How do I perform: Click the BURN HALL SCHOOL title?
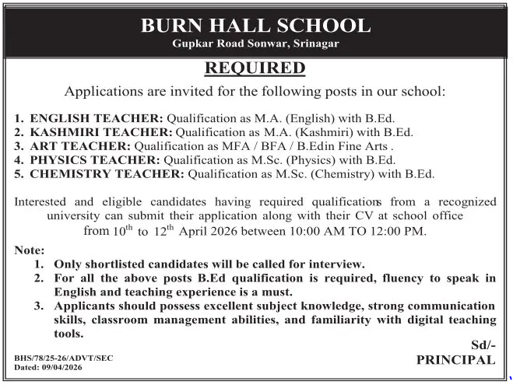tap(256, 25)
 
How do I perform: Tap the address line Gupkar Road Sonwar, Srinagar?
tap(256, 44)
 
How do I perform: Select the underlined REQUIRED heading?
tap(255, 68)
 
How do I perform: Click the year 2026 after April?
tap(232, 231)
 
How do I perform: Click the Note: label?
tap(30, 250)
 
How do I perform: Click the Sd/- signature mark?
tap(482, 344)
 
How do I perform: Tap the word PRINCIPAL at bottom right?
tap(455, 359)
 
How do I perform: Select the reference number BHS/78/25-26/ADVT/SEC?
tap(64, 357)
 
